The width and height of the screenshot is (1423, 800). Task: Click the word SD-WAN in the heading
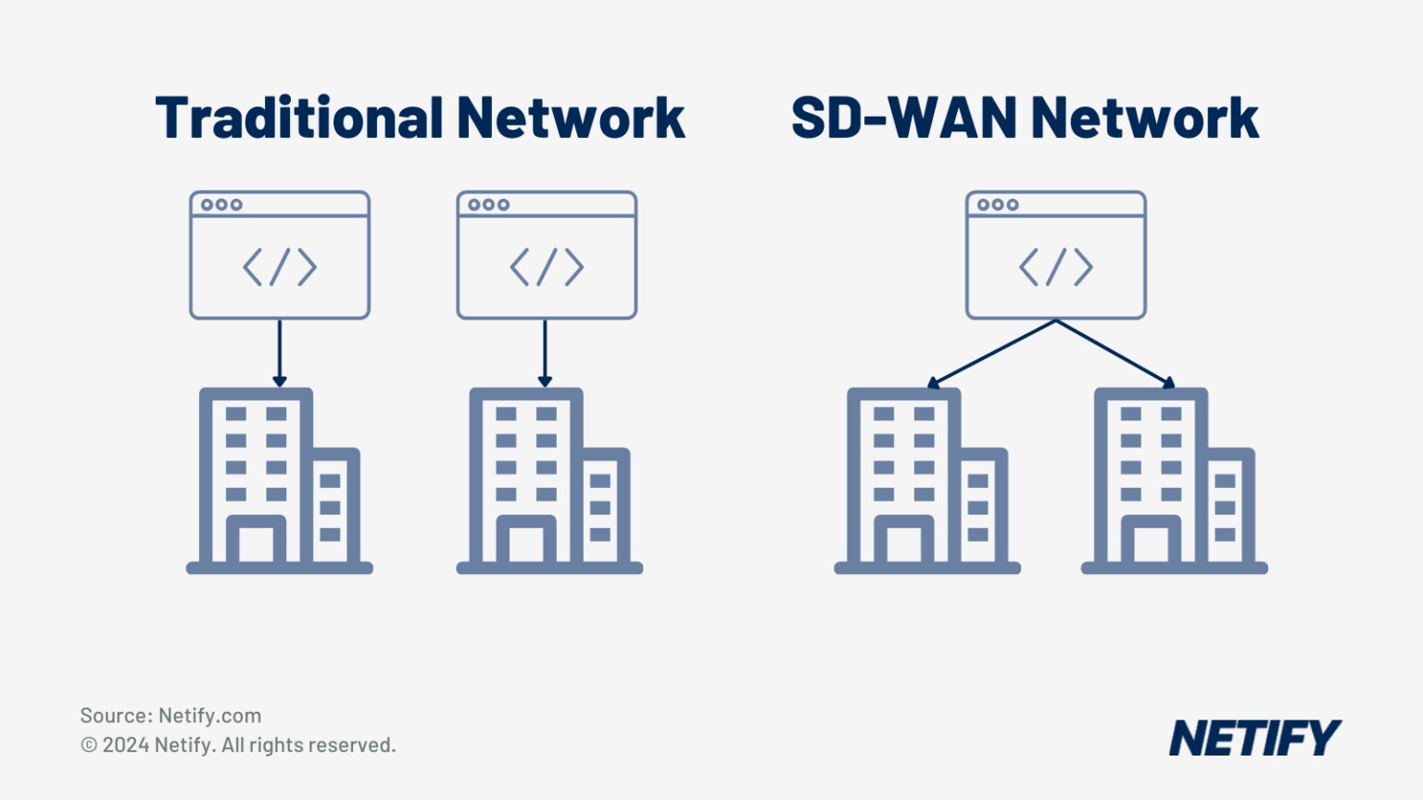coord(902,119)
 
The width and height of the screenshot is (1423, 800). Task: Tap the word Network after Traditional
coord(570,119)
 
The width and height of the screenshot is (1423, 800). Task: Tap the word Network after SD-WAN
coord(1144,119)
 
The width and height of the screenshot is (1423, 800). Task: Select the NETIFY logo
coord(1254,738)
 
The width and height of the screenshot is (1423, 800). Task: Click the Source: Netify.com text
coord(170,716)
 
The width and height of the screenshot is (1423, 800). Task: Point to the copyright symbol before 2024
coord(89,745)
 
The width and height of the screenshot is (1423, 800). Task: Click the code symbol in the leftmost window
coord(280,268)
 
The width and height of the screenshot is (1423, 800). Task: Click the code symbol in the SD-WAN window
coord(1056,268)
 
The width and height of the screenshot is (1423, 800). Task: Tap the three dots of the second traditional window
coord(488,205)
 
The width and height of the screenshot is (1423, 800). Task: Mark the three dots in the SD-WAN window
coord(998,205)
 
